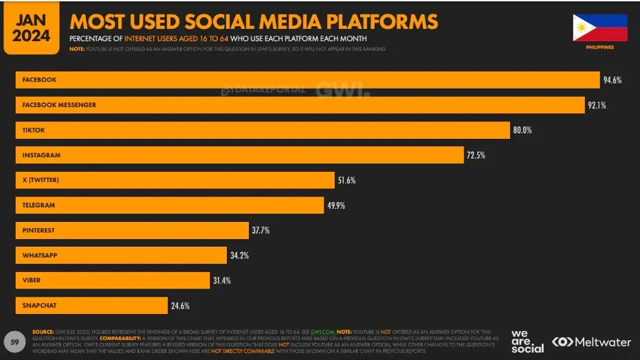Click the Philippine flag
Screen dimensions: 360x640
[600, 28]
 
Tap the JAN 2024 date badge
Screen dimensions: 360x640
[31, 28]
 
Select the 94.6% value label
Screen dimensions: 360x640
[613, 80]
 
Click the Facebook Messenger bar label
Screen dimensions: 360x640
[59, 105]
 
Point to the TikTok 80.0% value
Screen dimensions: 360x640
[522, 130]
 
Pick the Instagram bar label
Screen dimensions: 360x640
[41, 155]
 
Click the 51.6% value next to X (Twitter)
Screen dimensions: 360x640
[346, 180]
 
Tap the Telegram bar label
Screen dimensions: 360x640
[38, 205]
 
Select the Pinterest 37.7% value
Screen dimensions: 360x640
[260, 230]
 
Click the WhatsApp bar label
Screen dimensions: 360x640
[39, 256]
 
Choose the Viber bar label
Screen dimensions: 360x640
[32, 280]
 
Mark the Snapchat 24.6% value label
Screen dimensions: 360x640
[179, 306]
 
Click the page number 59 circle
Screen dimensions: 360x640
[14, 341]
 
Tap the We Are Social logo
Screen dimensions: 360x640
[527, 341]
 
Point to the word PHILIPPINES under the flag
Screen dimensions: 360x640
[600, 47]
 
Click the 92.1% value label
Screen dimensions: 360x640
[597, 105]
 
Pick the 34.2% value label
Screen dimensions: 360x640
[239, 256]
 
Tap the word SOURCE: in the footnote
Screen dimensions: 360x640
[43, 331]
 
